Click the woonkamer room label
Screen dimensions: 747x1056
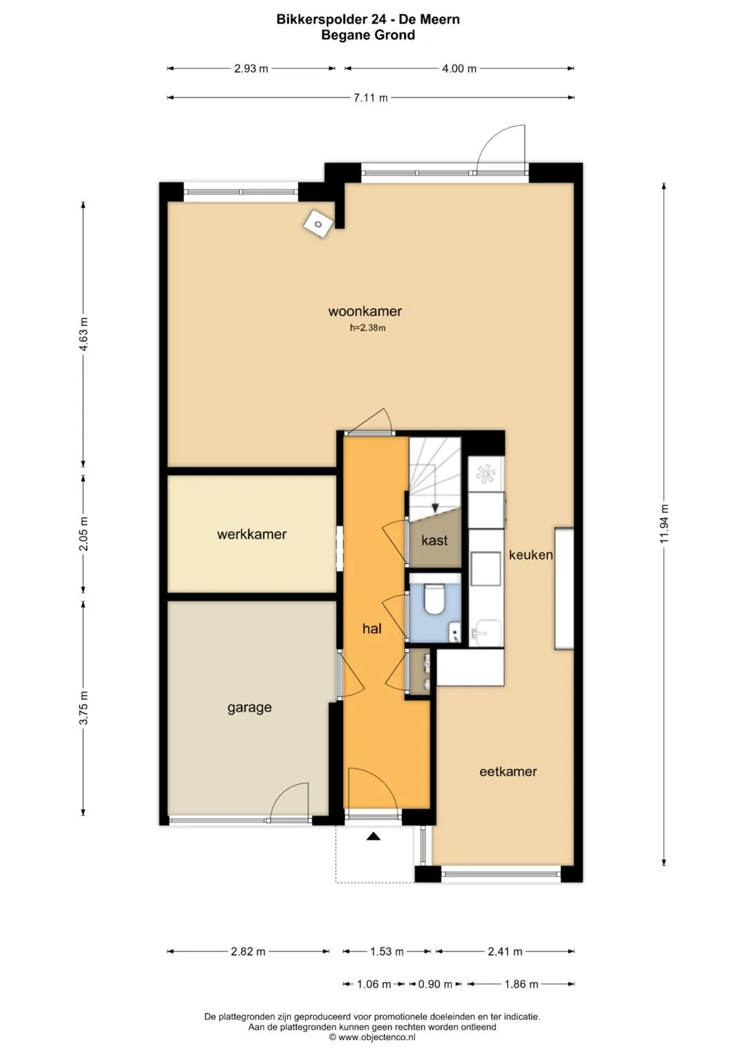tap(365, 311)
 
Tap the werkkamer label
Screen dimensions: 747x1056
tap(252, 534)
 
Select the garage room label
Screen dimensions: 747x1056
tap(250, 708)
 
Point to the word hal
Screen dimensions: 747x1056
tap(371, 628)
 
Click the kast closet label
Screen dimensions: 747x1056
tap(434, 540)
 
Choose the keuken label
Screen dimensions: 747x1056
tap(531, 555)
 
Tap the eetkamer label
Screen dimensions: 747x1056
tap(508, 772)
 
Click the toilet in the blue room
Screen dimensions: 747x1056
tap(434, 598)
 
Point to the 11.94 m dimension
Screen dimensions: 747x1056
tap(664, 524)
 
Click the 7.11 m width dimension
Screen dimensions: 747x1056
tap(371, 98)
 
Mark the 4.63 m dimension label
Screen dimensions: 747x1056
tap(84, 334)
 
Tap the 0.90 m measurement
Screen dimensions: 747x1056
tap(435, 984)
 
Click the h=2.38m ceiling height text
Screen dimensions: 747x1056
tap(367, 328)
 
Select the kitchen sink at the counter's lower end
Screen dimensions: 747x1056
tap(486, 632)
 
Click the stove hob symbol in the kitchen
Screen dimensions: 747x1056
tap(484, 474)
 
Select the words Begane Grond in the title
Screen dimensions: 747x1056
tap(368, 35)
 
